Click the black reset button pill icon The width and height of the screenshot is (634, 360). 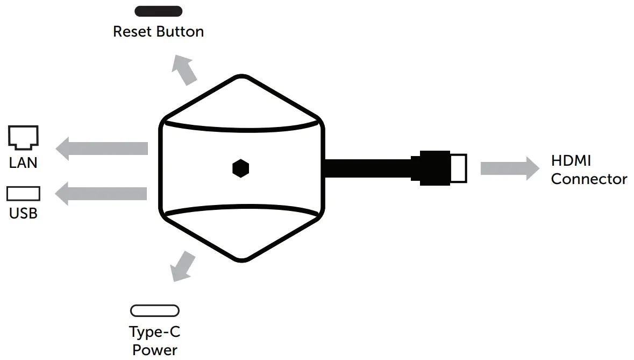(x=159, y=11)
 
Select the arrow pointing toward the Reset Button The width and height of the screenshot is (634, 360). (x=184, y=70)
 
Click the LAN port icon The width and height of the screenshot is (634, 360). (x=24, y=137)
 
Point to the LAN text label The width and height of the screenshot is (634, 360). (x=23, y=163)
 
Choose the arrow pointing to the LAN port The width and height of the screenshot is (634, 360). (x=102, y=148)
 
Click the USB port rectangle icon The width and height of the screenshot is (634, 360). (x=23, y=194)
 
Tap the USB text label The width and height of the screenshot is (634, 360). (x=23, y=214)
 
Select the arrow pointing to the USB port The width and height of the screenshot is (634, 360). (x=102, y=194)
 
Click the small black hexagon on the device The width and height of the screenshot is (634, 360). (x=241, y=168)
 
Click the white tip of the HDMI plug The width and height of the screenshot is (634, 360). (x=458, y=168)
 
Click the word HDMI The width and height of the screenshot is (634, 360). (x=571, y=160)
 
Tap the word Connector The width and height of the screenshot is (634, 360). (x=589, y=179)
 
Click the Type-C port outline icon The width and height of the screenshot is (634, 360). (x=155, y=311)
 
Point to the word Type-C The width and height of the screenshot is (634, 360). (x=155, y=332)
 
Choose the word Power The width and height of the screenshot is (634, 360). (x=155, y=350)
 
